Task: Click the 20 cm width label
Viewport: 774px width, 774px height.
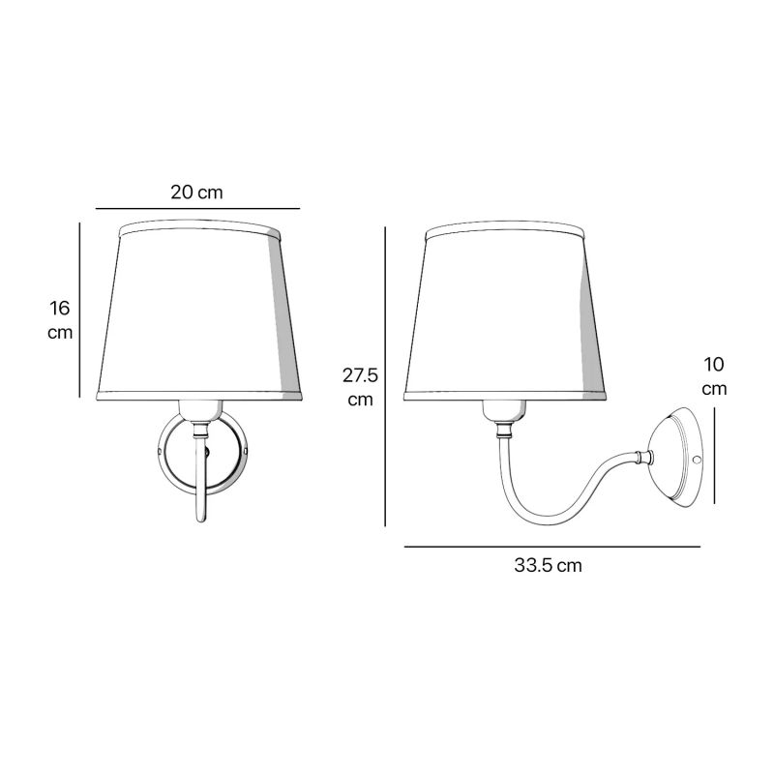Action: (196, 192)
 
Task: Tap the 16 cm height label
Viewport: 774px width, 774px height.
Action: (60, 320)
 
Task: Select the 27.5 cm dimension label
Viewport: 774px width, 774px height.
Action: (360, 388)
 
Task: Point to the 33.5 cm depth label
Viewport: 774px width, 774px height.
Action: (548, 565)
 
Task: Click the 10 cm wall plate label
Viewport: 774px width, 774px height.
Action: (714, 376)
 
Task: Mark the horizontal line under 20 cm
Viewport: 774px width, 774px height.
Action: (197, 209)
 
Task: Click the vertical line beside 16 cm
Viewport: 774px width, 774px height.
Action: (79, 310)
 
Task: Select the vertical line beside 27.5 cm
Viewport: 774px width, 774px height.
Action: (385, 376)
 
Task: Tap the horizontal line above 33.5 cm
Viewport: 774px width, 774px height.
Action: (551, 547)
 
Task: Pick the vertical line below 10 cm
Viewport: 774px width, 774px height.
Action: (714, 456)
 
